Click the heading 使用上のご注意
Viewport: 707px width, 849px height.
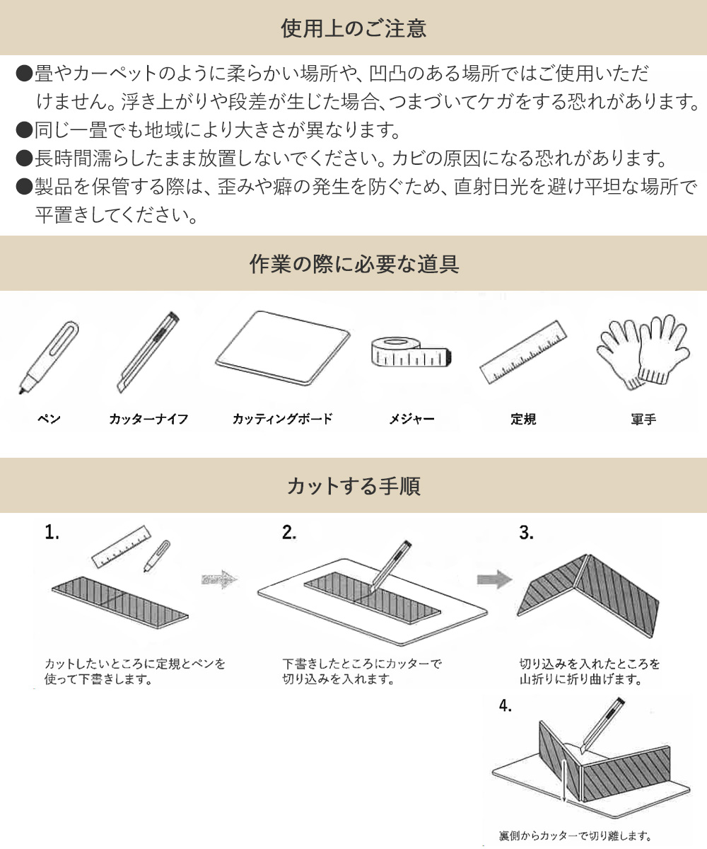pos(353,28)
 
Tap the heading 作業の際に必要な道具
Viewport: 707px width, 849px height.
pos(354,263)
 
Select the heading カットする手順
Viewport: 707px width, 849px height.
pos(353,485)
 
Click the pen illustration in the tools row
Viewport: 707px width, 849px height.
pos(49,357)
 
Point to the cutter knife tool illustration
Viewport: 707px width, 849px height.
pos(148,352)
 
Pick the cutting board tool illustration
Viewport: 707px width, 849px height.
pos(283,347)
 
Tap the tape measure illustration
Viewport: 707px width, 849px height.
pos(411,352)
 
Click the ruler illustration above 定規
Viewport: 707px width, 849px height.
pos(523,352)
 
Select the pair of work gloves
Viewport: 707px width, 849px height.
pos(643,352)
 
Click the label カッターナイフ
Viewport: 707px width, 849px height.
pos(148,419)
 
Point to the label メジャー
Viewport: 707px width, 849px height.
pos(412,419)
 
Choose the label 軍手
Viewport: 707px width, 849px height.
pos(643,420)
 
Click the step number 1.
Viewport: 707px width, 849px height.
pos(52,533)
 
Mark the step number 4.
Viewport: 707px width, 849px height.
pos(505,705)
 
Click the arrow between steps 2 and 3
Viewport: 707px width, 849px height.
pos(494,579)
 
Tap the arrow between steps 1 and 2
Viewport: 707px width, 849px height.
pos(219,579)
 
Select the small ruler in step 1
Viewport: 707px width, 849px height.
pos(122,546)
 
